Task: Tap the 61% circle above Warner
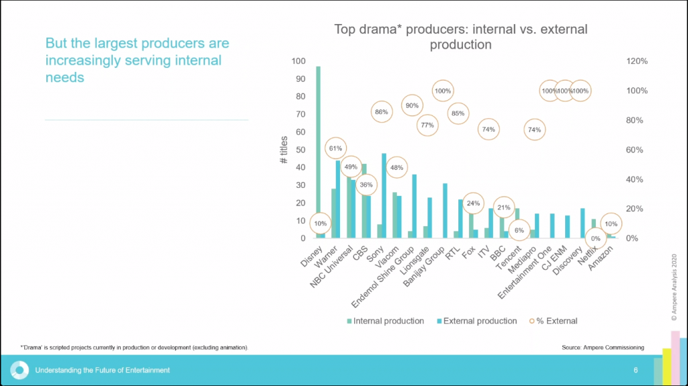[x=335, y=148]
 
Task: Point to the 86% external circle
[x=382, y=112]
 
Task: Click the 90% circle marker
[x=412, y=105]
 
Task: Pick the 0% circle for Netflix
[x=595, y=238]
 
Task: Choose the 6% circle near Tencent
[x=519, y=230]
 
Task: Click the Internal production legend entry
[x=384, y=321]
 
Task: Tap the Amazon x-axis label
[x=603, y=258]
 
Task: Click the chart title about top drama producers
[x=461, y=37]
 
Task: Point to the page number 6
[x=636, y=370]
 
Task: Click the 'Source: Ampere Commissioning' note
[x=603, y=347]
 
